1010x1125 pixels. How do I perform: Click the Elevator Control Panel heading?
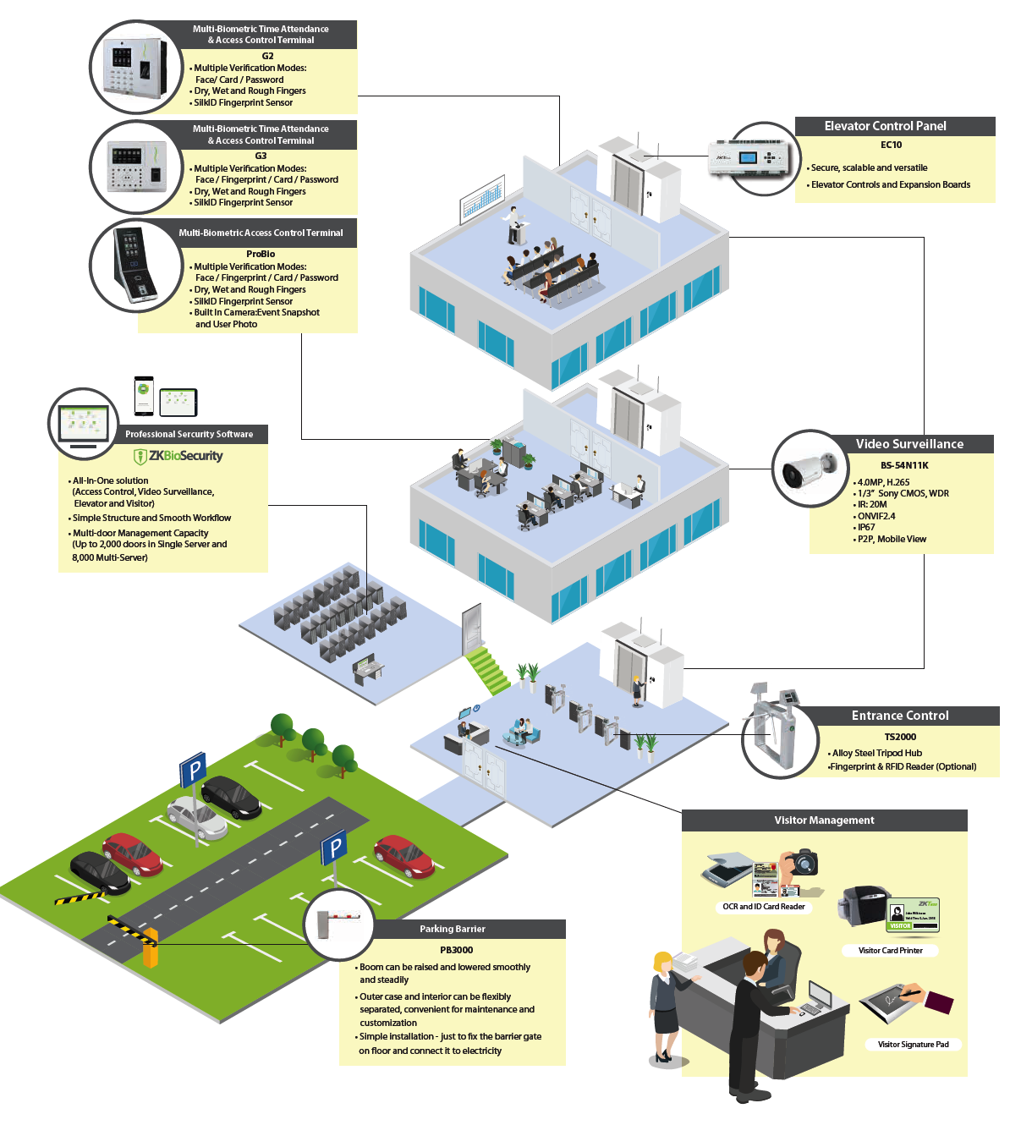tap(885, 126)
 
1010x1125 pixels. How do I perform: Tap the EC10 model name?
tap(891, 145)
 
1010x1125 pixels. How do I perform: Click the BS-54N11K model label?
tap(904, 465)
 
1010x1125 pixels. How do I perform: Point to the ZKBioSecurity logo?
tap(178, 456)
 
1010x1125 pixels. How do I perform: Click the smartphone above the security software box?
tap(144, 396)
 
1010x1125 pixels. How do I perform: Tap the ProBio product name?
tap(261, 254)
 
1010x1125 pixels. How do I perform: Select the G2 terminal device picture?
tap(135, 68)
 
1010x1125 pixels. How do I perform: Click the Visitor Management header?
tap(824, 820)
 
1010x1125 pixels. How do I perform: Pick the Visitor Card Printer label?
tap(890, 950)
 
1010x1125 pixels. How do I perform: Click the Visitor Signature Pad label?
tap(913, 1044)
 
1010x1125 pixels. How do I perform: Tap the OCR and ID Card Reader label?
tap(764, 906)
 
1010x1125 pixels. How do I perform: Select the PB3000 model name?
tap(457, 950)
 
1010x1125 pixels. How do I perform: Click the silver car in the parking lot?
tap(197, 817)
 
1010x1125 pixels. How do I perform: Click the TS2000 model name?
tap(900, 737)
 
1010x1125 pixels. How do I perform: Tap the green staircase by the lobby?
tap(487, 670)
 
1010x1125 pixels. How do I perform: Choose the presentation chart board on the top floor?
tap(482, 199)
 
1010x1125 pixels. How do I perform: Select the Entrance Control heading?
tap(899, 716)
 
